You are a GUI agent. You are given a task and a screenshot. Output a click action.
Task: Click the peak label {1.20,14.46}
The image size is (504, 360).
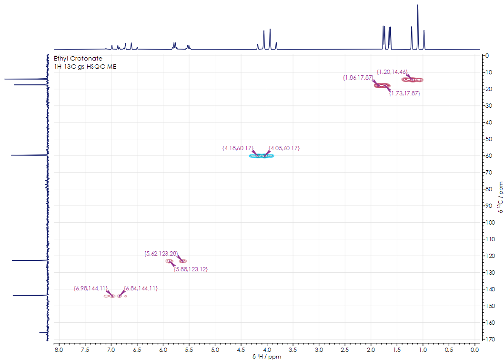[x=392, y=72]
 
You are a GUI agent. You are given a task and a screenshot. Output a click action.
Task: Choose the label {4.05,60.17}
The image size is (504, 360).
[x=284, y=148]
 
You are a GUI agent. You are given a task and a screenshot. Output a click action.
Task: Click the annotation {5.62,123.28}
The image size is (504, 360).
[x=161, y=254]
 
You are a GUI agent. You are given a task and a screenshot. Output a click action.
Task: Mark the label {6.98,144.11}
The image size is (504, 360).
[x=90, y=288]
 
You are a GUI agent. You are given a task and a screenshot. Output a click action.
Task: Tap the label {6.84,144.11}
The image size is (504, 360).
[x=141, y=288]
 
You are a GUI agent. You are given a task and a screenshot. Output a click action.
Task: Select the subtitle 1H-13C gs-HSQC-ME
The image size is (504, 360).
[x=86, y=67]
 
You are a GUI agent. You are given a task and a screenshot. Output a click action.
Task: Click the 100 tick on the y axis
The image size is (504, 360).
[x=488, y=222]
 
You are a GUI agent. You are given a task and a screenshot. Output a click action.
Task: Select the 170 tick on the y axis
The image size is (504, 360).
[x=488, y=339]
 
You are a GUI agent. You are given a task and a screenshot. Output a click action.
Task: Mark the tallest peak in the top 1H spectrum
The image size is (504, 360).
[x=418, y=6]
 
